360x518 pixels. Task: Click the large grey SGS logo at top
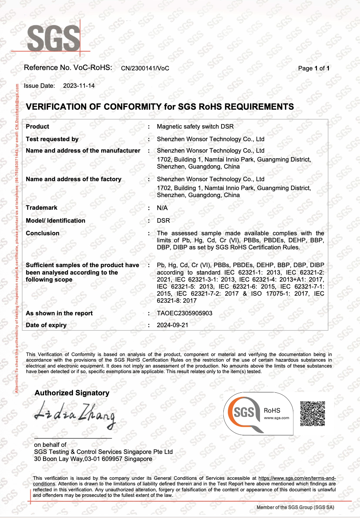point(53,38)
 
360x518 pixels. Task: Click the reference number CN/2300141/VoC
point(145,68)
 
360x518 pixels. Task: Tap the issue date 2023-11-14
point(79,86)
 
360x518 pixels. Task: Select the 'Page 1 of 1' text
point(313,68)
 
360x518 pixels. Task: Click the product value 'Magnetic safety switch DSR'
point(195,126)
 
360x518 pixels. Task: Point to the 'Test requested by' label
point(52,139)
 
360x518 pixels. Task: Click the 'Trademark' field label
point(41,207)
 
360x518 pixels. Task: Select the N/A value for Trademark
point(162,208)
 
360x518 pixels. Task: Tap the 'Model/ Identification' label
point(56,220)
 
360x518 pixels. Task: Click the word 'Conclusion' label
point(43,233)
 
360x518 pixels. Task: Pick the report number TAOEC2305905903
point(184,313)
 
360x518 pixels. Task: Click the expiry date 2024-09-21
point(173,325)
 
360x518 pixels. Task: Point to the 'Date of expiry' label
point(46,325)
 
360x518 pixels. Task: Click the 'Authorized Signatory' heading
point(72,393)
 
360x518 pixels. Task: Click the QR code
point(313,413)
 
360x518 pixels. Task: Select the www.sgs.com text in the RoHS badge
point(276,418)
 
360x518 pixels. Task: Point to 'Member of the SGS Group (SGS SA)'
point(295,507)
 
